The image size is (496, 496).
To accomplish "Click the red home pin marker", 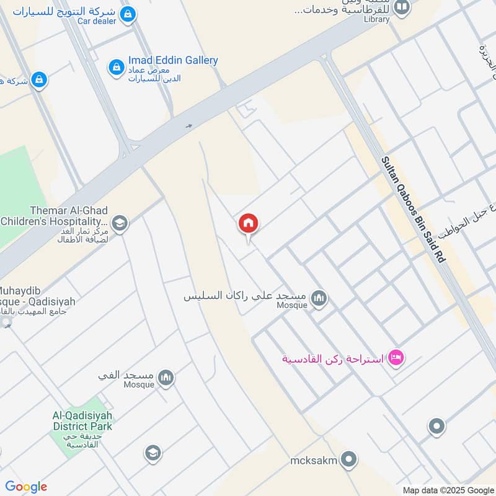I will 248,224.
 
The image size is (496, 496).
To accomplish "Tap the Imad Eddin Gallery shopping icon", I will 117,68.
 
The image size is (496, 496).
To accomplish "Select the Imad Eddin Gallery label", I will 173,60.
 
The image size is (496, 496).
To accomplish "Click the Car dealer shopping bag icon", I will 128,14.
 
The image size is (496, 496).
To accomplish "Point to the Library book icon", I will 402,7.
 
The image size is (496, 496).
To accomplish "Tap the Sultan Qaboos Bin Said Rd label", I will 413,210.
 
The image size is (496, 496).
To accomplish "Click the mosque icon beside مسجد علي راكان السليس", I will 319,299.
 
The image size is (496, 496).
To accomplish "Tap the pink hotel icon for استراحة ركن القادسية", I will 396,358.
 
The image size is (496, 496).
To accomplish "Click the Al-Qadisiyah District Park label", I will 82,422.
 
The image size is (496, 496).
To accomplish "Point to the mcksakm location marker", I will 350,460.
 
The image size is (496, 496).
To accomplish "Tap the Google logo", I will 26,487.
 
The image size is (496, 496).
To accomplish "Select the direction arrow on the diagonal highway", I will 189,126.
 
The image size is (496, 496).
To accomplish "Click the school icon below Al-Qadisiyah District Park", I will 153,453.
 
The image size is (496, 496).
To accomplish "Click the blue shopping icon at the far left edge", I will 39,79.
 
